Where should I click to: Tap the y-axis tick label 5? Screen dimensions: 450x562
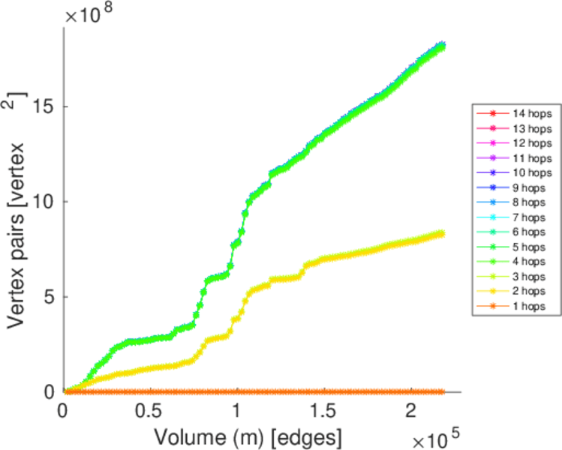50,297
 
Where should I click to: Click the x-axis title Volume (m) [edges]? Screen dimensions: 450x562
248,435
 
